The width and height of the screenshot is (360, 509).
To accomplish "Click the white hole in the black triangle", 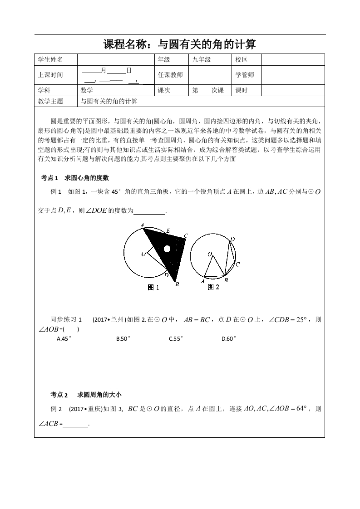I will [167, 249].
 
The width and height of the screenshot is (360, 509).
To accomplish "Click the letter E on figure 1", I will [168, 231].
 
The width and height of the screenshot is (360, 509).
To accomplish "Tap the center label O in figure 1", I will [143, 254].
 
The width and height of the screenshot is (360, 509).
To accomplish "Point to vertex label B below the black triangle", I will [177, 284].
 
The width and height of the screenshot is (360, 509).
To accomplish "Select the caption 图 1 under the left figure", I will [154, 287].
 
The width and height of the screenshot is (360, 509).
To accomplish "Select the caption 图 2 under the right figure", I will [213, 287].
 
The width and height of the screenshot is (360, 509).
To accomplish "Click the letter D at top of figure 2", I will [232, 239].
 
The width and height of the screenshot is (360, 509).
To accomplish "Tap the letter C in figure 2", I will [237, 264].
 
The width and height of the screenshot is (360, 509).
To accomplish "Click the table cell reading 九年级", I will [202, 59].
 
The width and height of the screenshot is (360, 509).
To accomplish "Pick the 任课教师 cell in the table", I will [170, 75].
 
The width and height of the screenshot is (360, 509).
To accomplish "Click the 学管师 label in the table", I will [245, 75].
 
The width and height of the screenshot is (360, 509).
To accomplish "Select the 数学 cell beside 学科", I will [87, 90].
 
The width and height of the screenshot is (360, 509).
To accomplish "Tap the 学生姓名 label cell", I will [50, 59].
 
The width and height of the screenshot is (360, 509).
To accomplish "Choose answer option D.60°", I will [229, 338].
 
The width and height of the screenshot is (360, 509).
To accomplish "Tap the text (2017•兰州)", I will [108, 320].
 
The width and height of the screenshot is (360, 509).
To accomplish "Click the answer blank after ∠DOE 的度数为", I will [150, 211].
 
